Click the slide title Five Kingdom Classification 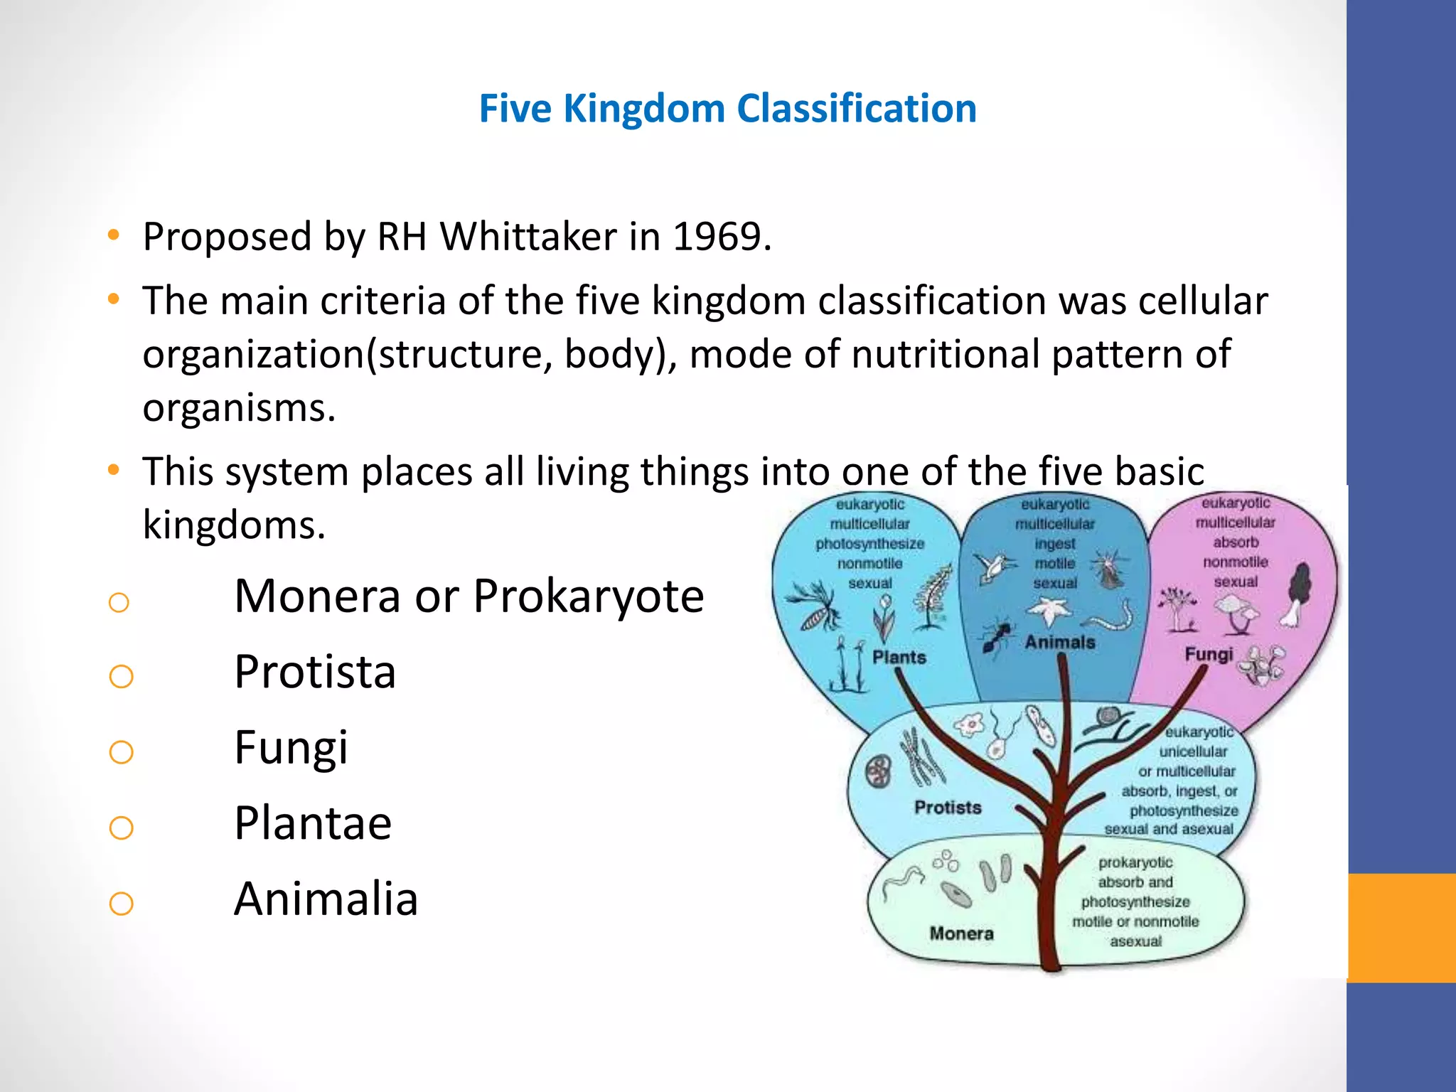tap(727, 109)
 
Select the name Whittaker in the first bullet tap(528, 237)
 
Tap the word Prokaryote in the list tap(588, 596)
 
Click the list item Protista tap(314, 672)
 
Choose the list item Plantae tap(313, 823)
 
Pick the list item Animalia tap(326, 899)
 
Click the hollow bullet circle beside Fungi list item tap(122, 751)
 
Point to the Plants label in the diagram tap(899, 657)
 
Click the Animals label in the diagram tap(1059, 642)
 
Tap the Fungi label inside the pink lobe tap(1208, 653)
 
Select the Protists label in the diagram tap(947, 807)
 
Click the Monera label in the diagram tap(961, 933)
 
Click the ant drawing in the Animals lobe tap(997, 636)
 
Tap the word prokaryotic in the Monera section tap(1135, 862)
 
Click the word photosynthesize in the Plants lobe tap(869, 544)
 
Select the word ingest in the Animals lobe tap(1054, 544)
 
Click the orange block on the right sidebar tap(1401, 927)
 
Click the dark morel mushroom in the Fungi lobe tap(1298, 594)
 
